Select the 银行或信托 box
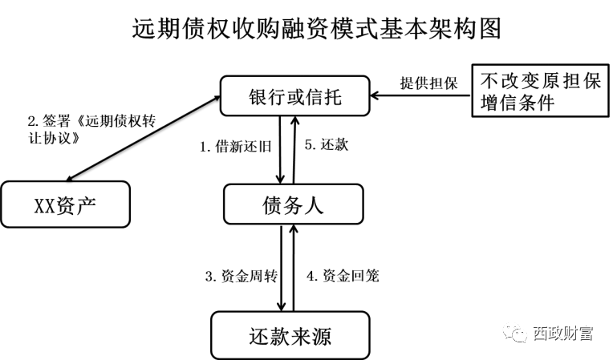pos(294,96)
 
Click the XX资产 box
pos(64,204)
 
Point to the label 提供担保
pos(428,83)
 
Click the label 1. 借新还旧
pos(236,148)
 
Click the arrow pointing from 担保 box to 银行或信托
pos(420,98)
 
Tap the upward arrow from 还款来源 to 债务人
pos(294,269)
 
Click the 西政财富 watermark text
pos(562,334)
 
